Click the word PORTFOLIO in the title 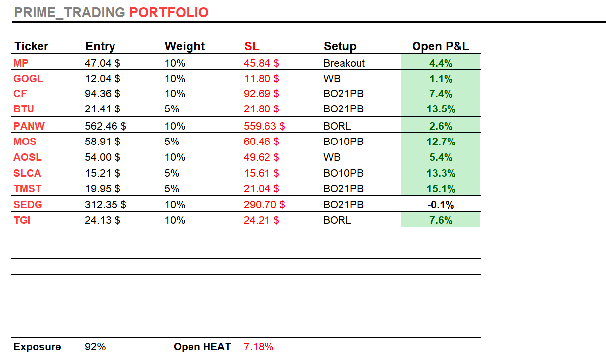[169, 13]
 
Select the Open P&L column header [441, 46]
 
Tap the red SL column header [252, 46]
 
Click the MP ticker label [21, 63]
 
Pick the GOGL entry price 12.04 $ [103, 79]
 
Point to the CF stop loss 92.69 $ [262, 94]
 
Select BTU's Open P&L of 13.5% [441, 109]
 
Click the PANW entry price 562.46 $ [106, 126]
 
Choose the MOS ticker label [25, 142]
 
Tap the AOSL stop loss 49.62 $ [262, 158]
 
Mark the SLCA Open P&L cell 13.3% [441, 174]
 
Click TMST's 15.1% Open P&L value [441, 189]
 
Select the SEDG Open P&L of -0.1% [441, 205]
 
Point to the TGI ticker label [22, 220]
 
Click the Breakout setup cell [344, 63]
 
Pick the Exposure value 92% [95, 347]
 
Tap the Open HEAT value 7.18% [259, 347]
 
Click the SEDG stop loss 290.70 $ [265, 205]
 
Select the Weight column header [185, 46]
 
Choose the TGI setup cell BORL [337, 220]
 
